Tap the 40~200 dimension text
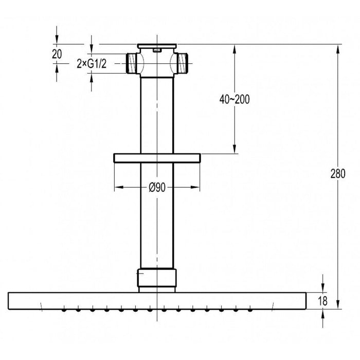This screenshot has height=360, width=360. [x=235, y=99]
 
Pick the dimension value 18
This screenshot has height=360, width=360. [x=322, y=300]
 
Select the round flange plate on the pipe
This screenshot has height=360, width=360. [x=156, y=157]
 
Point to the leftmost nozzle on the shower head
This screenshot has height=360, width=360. [x=64, y=310]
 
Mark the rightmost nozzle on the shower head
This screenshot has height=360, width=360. [x=250, y=310]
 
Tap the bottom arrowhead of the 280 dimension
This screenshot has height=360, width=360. [x=338, y=304]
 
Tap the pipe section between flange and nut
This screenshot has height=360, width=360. [x=156, y=216]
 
